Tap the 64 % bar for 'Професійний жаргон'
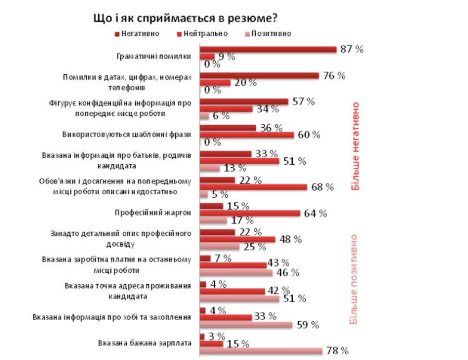coord(250,213)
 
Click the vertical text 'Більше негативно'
coord(356,146)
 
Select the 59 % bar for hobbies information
coord(246,325)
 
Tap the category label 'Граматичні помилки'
coord(154,56)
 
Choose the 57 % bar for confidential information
coord(244,101)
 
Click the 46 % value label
coord(288,272)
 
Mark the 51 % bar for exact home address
coord(240,298)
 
